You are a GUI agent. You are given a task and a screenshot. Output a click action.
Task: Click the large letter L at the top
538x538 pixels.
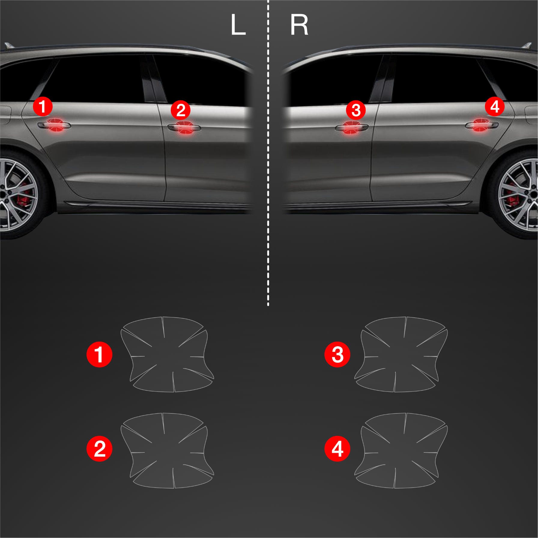point(238,25)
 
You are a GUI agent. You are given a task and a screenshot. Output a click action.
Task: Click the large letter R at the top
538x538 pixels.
point(299,25)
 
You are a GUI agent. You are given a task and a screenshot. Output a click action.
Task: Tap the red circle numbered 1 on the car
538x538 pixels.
point(43,107)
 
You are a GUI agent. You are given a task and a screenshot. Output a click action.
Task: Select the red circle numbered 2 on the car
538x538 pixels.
point(180,110)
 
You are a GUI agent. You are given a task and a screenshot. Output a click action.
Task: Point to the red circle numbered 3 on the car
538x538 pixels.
point(356,110)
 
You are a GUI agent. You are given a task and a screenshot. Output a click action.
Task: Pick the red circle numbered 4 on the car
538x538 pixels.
point(495,107)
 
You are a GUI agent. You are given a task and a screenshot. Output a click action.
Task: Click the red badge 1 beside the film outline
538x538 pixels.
point(99,354)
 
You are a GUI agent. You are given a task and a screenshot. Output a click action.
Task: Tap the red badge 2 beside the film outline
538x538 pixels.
point(99,449)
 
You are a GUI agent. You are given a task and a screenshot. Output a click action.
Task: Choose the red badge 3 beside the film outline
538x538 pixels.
point(337,354)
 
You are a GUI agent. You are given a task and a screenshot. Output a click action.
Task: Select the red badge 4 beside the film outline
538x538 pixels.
point(337,449)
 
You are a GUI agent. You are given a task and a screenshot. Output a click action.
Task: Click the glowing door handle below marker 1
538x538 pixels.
point(54,125)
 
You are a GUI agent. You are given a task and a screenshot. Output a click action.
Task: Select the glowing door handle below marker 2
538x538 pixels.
point(184,128)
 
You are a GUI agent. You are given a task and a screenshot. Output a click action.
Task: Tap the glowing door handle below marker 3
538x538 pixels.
point(352,128)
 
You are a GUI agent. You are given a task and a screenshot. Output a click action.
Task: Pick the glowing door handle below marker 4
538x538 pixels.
point(482,125)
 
